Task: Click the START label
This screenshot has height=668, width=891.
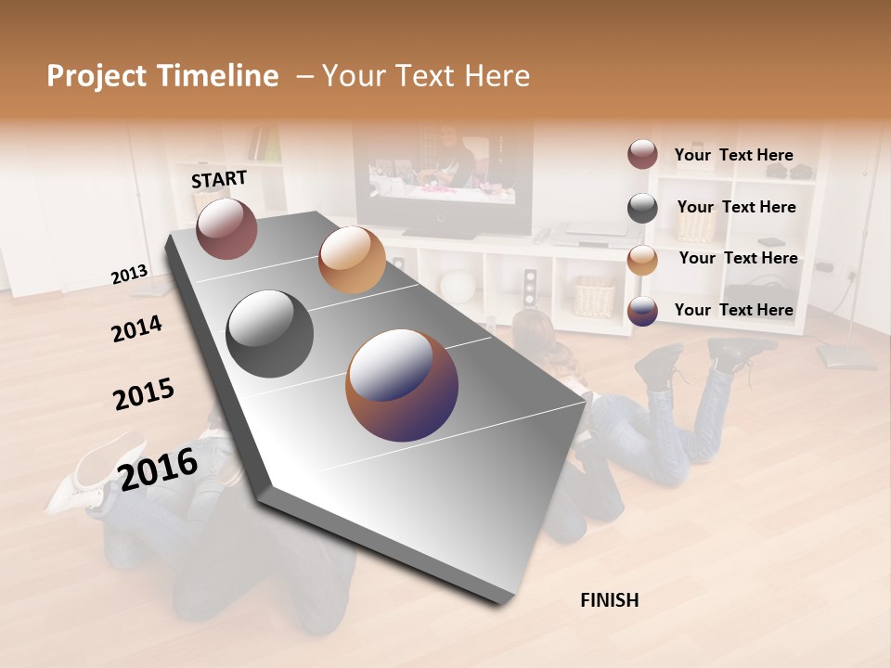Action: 219,179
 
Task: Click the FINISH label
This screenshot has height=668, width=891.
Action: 609,600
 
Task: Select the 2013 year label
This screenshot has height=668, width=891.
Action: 129,274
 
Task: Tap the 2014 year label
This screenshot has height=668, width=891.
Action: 136,328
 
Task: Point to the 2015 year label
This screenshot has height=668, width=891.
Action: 144,394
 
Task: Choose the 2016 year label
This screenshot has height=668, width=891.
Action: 158,468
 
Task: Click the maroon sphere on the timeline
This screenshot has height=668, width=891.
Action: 226,228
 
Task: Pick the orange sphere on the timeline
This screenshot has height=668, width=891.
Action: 352,259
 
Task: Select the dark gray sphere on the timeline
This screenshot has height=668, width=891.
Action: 270,334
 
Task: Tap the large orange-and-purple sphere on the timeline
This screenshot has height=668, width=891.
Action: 402,384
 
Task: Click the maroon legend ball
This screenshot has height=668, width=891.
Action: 642,155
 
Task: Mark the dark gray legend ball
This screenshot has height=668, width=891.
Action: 642,208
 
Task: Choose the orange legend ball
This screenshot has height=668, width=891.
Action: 642,260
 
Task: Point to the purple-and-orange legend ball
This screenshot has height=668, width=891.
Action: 642,311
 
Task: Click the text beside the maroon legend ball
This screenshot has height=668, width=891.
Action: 733,155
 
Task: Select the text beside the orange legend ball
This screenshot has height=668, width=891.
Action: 738,258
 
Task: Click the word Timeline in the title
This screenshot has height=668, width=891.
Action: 218,76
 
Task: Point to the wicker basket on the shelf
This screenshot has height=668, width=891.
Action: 594,295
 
